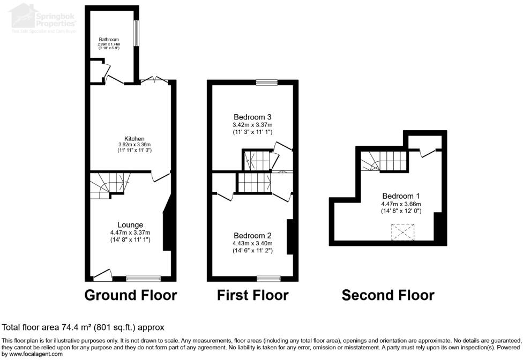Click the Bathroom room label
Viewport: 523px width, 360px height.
(108, 39)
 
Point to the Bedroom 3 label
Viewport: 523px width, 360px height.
(252, 117)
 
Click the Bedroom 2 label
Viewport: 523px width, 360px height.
(252, 235)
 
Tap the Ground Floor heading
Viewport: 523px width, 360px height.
(131, 295)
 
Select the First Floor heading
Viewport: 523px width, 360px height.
(252, 295)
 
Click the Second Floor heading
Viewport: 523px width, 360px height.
(388, 295)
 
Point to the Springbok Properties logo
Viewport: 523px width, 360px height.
(43, 19)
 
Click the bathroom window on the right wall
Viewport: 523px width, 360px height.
(137, 34)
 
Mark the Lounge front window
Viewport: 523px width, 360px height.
(144, 279)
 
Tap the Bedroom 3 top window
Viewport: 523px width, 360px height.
(266, 82)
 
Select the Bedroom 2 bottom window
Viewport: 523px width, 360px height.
(268, 279)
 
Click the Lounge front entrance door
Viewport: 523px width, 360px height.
(102, 275)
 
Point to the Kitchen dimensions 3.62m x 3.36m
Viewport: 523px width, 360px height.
(135, 145)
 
